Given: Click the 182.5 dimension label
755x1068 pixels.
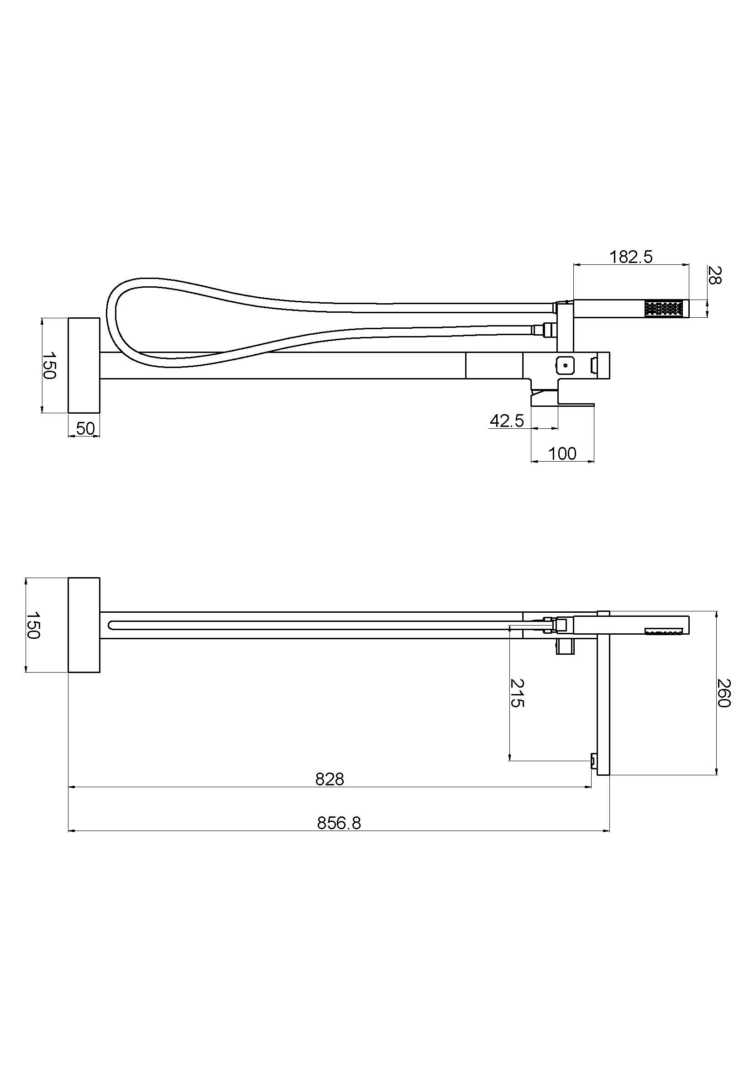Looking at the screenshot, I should pyautogui.click(x=631, y=257).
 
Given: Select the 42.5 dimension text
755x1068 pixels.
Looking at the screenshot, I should pyautogui.click(x=507, y=421).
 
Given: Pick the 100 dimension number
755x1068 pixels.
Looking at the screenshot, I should pyautogui.click(x=562, y=453).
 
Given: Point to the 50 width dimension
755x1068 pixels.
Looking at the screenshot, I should pyautogui.click(x=85, y=428).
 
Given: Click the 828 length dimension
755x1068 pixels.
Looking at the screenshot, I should pyautogui.click(x=329, y=779).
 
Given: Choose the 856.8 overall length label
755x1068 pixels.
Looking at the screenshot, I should pyautogui.click(x=339, y=823).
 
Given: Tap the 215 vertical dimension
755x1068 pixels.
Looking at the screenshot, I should pyautogui.click(x=517, y=693).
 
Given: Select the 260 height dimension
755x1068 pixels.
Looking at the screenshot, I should pyautogui.click(x=724, y=693).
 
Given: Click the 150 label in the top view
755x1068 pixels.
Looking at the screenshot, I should pyautogui.click(x=49, y=366).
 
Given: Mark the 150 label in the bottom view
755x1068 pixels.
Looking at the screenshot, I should pyautogui.click(x=32, y=625).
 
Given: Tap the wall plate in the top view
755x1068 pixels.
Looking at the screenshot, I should pyautogui.click(x=84, y=365).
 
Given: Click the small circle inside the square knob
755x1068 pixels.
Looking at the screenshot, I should pyautogui.click(x=565, y=365).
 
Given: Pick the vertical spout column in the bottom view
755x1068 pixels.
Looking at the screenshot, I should pyautogui.click(x=603, y=698).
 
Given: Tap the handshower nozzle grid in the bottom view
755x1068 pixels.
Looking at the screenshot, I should pyautogui.click(x=663, y=630).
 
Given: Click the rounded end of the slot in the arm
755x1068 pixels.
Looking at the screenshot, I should pyautogui.click(x=112, y=625).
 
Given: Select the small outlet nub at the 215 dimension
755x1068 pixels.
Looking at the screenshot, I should pyautogui.click(x=594, y=761).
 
